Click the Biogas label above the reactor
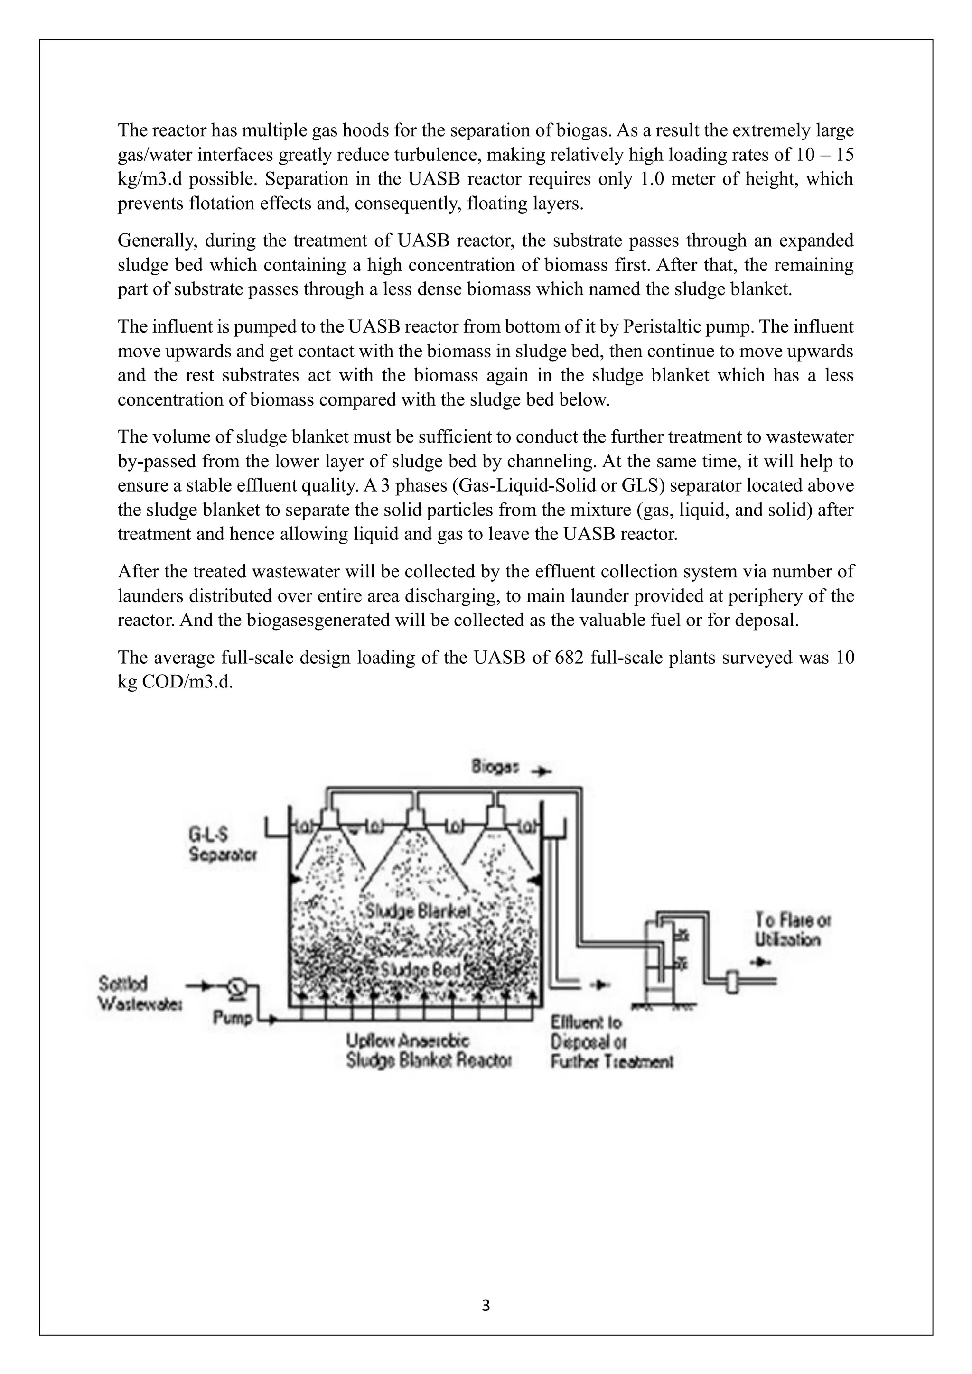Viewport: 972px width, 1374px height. [495, 767]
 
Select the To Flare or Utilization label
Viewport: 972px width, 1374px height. [793, 929]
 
